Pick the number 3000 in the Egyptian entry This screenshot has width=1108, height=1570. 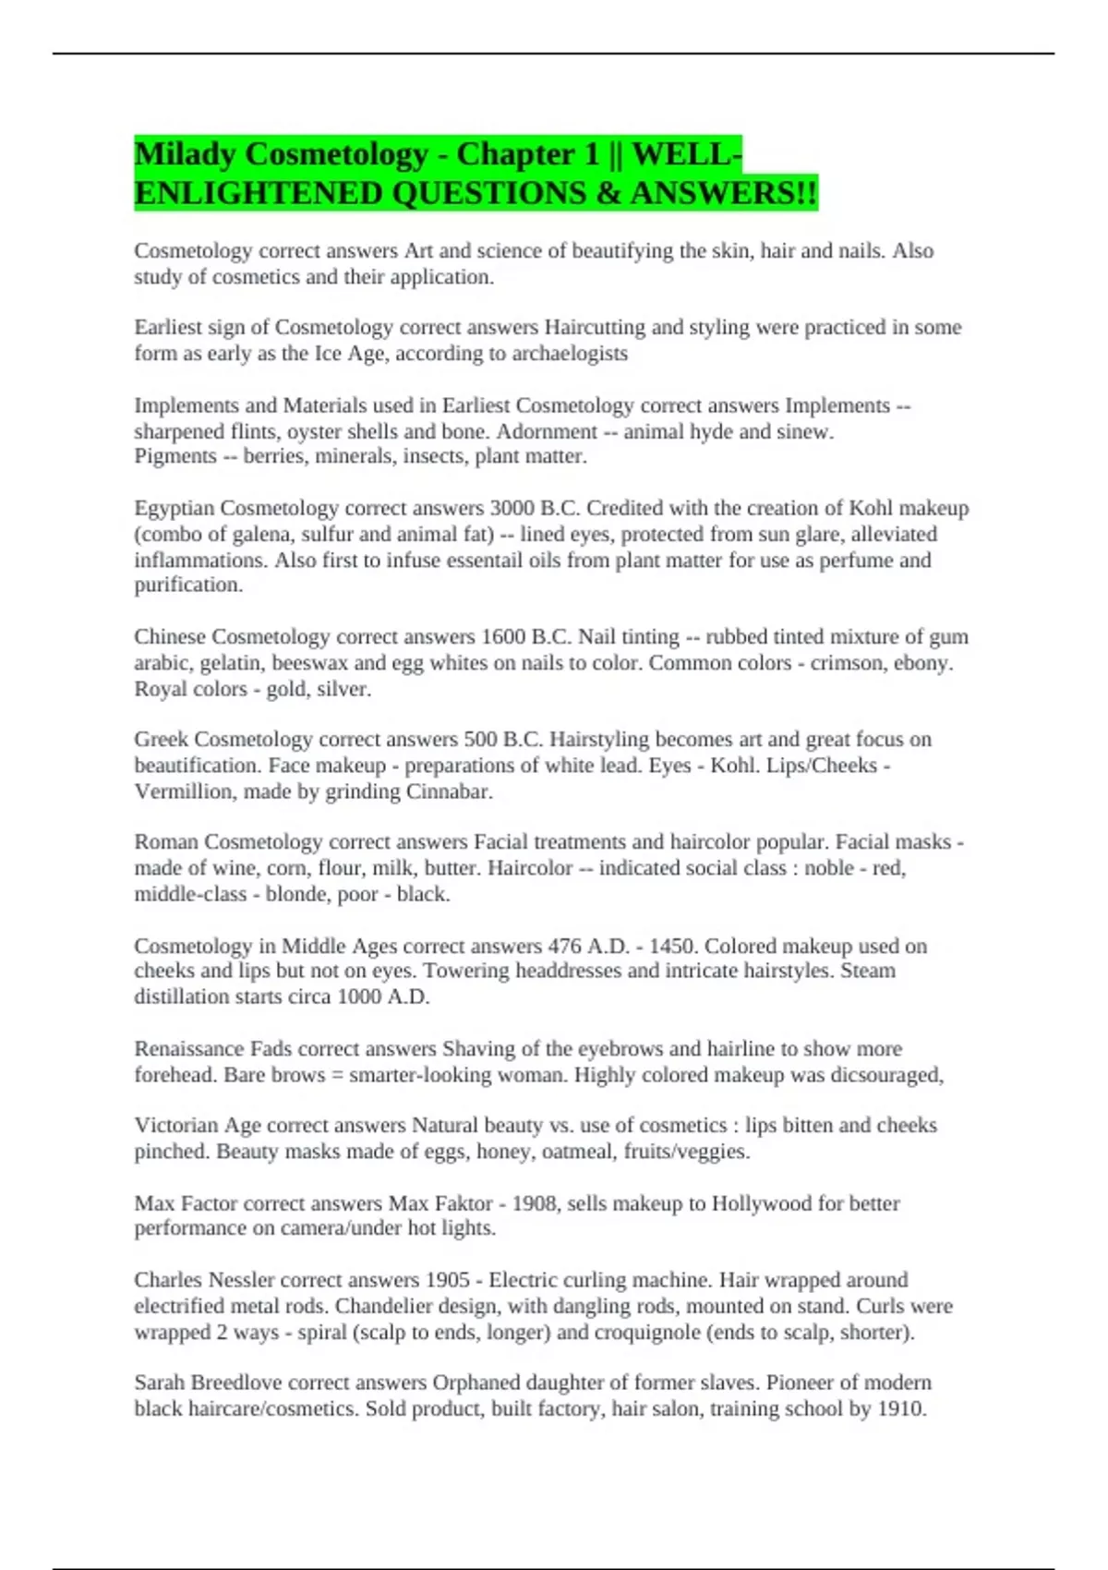[x=512, y=508]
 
